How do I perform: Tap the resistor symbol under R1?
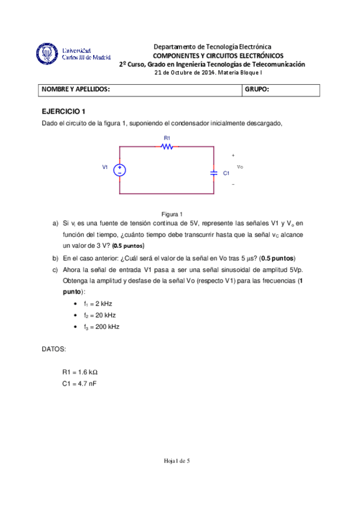point(168,146)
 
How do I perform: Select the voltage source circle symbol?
point(120,170)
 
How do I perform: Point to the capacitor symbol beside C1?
point(214,172)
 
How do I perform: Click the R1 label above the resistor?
point(167,138)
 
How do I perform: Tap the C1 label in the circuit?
point(226,173)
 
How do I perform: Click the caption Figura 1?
point(172,214)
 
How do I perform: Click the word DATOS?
point(54,349)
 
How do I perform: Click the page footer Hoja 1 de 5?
point(177,461)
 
